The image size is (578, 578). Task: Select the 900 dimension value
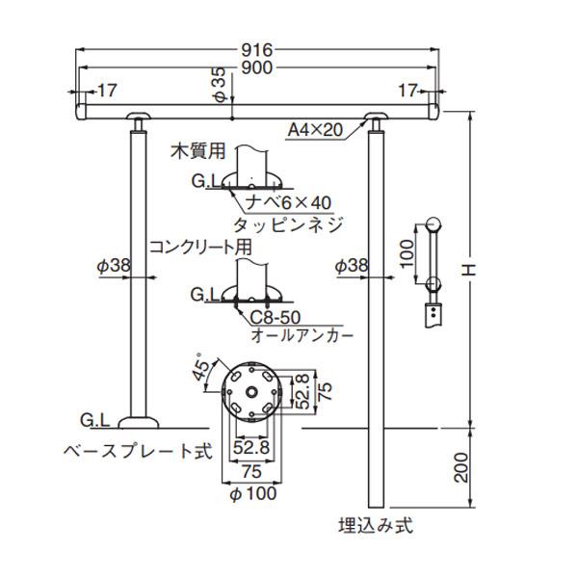259,67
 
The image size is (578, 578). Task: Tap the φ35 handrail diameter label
220,85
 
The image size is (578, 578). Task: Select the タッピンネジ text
296,223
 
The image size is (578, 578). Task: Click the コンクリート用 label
199,247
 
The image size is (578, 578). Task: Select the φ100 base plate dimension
253,494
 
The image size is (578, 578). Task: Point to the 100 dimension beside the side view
407,255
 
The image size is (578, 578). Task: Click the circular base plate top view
248,393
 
